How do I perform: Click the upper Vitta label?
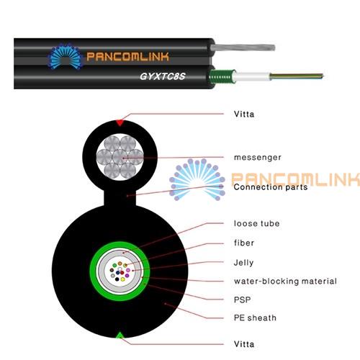pyautogui.click(x=244, y=114)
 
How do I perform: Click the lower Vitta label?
pyautogui.click(x=244, y=344)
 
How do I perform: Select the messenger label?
pyautogui.click(x=258, y=158)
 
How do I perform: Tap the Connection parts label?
pyautogui.click(x=271, y=187)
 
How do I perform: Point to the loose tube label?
pyautogui.click(x=257, y=223)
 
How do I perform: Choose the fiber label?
pyautogui.click(x=244, y=243)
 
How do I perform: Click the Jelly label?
pyautogui.click(x=243, y=263)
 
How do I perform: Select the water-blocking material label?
pyautogui.click(x=285, y=281)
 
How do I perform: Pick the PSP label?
pyautogui.click(x=242, y=300)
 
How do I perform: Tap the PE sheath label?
pyautogui.click(x=255, y=318)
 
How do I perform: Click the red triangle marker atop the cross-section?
pyautogui.click(x=120, y=122)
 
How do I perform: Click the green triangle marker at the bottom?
pyautogui.click(x=120, y=335)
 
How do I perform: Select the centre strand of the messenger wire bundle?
pyautogui.click(x=120, y=157)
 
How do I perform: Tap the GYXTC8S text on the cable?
pyautogui.click(x=163, y=76)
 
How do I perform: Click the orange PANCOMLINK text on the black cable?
pyautogui.click(x=127, y=57)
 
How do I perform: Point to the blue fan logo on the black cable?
pyautogui.click(x=66, y=57)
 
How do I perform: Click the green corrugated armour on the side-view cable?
pyautogui.click(x=222, y=77)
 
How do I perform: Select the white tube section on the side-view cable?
pyautogui.click(x=252, y=77)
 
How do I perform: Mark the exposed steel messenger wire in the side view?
pyautogui.click(x=243, y=48)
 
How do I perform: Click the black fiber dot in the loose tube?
pyautogui.click(x=117, y=279)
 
